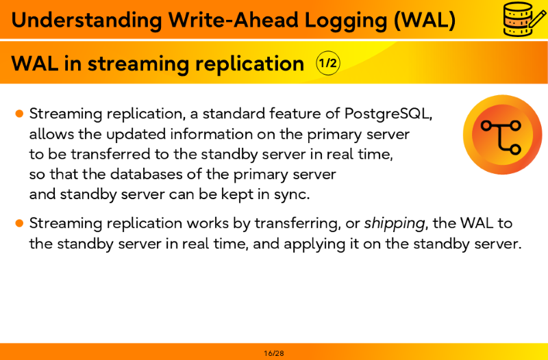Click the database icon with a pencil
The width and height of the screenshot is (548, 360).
(525, 18)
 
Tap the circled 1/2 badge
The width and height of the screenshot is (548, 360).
(328, 63)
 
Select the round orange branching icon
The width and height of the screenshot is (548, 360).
(502, 134)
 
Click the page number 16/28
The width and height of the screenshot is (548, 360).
(274, 353)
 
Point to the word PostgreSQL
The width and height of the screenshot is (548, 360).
(388, 114)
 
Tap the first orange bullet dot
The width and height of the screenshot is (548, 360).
(20, 114)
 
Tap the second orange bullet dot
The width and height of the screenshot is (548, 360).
(20, 222)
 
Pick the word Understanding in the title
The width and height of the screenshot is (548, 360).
(87, 21)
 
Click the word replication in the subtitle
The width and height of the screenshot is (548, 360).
(249, 64)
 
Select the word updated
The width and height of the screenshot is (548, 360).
(136, 134)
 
